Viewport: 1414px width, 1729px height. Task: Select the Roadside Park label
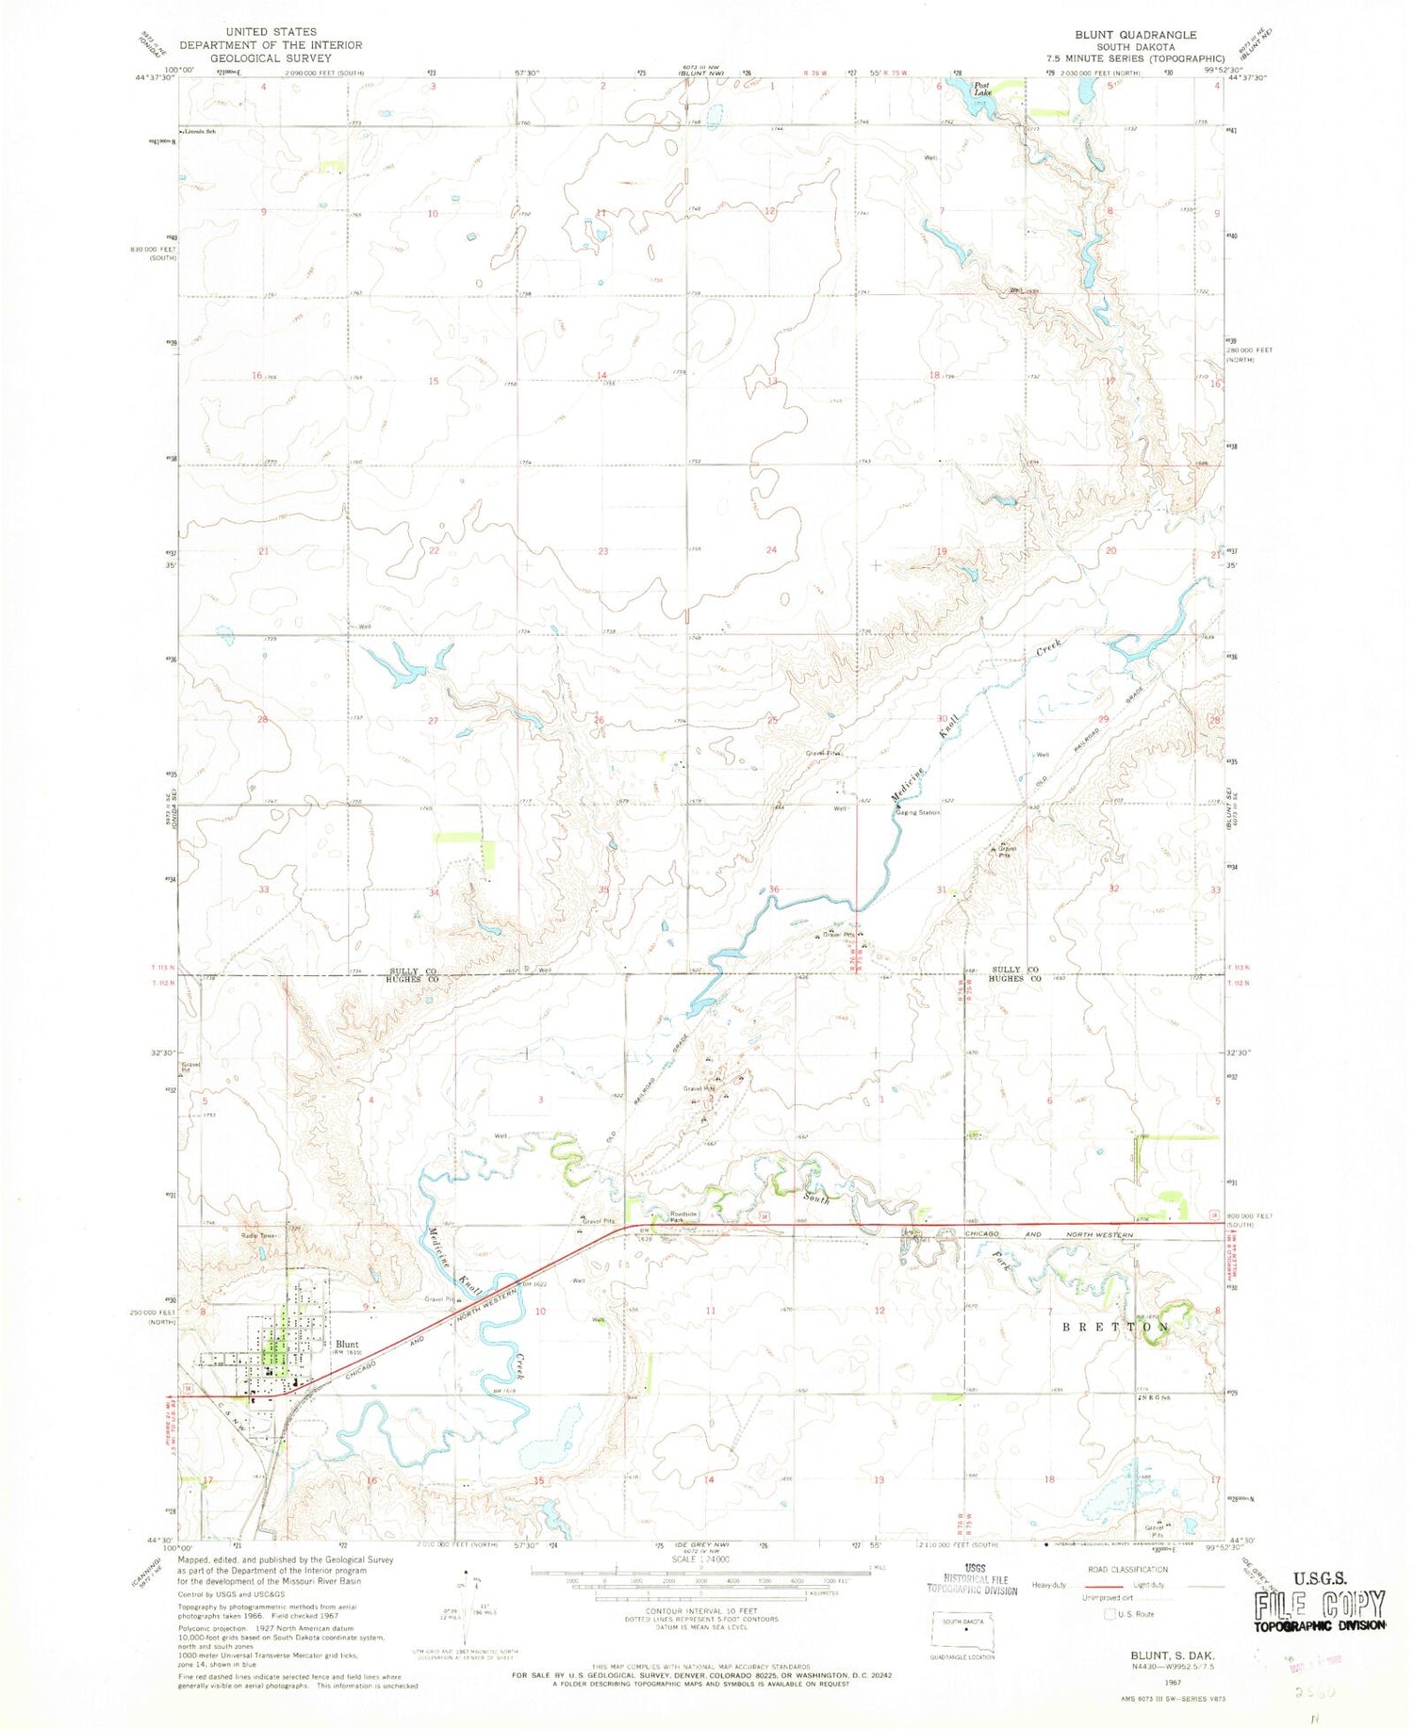682,1216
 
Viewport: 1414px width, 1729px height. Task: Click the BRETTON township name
1116,1327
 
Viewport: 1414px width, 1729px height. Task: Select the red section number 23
602,551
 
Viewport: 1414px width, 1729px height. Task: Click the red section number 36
774,889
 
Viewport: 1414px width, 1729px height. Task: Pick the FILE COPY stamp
1319,1605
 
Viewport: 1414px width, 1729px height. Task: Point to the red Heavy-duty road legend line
1095,1585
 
